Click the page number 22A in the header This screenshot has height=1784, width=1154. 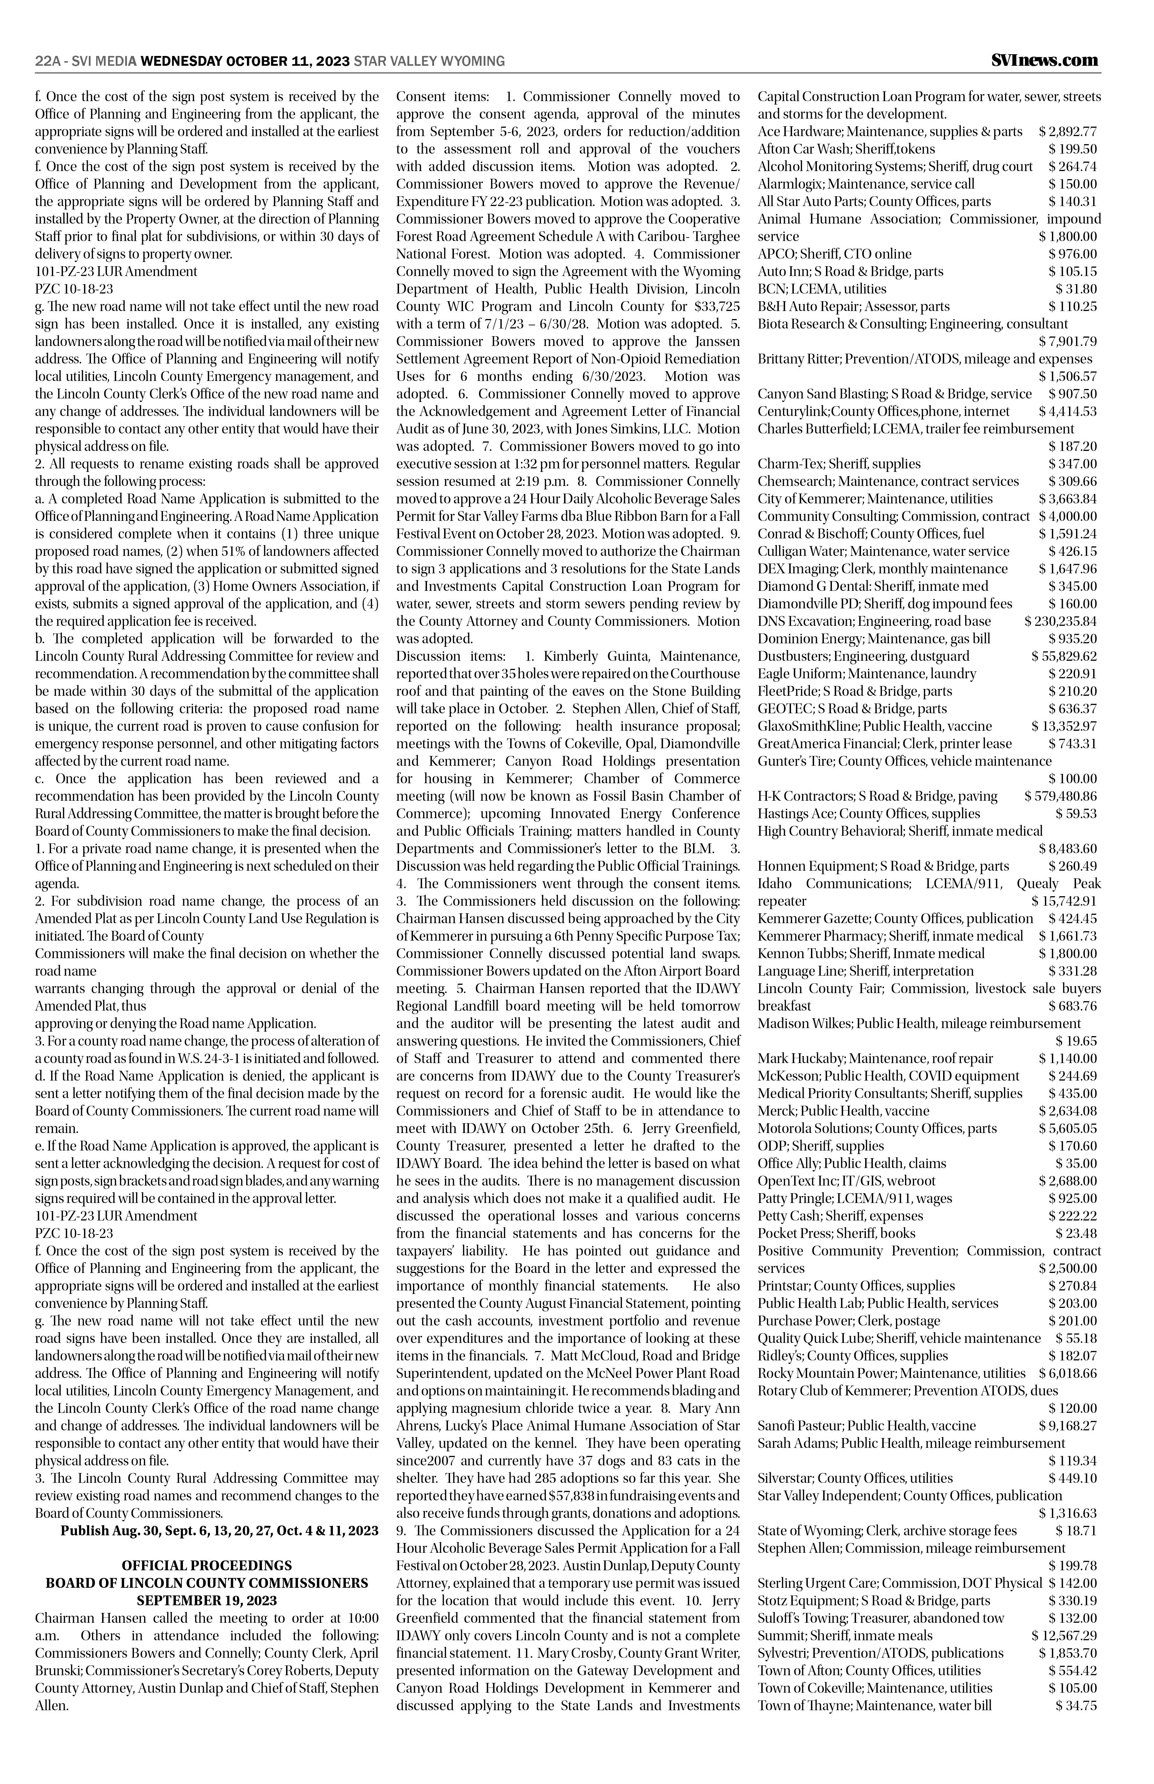pyautogui.click(x=47, y=62)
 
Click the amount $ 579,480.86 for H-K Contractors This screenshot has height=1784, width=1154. pyautogui.click(x=1060, y=796)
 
